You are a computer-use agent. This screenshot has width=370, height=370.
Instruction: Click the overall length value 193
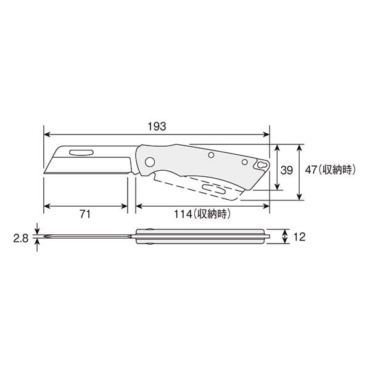[x=157, y=126]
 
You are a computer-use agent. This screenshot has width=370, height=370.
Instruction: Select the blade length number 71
[x=85, y=215]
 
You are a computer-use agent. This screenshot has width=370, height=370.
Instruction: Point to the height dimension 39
[x=286, y=171]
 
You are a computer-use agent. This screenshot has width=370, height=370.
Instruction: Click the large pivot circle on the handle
[x=149, y=162]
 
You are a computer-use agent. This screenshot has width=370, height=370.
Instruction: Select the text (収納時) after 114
[x=211, y=215]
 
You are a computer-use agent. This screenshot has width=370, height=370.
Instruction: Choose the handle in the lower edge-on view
[x=203, y=236]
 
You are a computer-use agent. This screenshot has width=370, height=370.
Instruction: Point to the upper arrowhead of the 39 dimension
[x=276, y=148]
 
